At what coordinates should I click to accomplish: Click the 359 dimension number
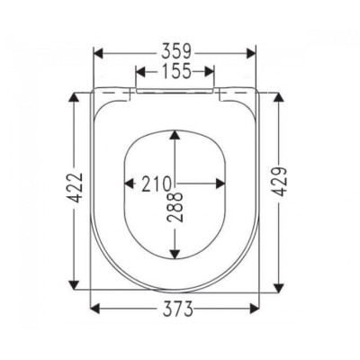point(176,52)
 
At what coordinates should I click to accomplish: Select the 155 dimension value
point(176,71)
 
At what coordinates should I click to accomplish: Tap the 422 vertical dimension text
point(74,188)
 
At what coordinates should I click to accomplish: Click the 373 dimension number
point(177,309)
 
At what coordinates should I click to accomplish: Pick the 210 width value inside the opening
point(156,184)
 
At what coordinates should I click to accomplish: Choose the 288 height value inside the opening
point(175,207)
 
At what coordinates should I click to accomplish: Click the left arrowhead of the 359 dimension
point(99,54)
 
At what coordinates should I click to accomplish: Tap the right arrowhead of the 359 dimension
point(251,54)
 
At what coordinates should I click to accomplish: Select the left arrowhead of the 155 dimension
point(140,72)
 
